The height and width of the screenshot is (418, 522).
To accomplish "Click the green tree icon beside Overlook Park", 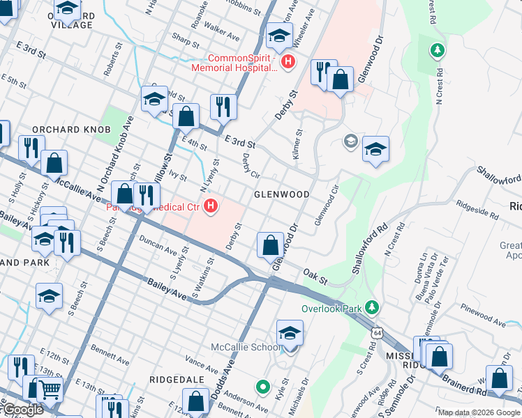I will pyautogui.click(x=372, y=307).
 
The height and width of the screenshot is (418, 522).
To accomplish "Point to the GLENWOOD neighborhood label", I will pyautogui.click(x=281, y=194).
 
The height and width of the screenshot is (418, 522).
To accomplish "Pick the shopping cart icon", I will pyautogui.click(x=47, y=389).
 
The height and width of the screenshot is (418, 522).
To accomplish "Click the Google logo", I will pyautogui.click(x=22, y=410).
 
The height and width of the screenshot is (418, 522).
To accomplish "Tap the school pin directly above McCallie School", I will pyautogui.click(x=290, y=333).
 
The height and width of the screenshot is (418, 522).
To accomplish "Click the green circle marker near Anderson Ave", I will pyautogui.click(x=262, y=385).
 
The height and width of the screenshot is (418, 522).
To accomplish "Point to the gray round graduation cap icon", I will pyautogui.click(x=350, y=142).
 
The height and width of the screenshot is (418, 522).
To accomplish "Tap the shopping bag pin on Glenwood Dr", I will pyautogui.click(x=270, y=245).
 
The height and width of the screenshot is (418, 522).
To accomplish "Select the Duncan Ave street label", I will pyautogui.click(x=158, y=247).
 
